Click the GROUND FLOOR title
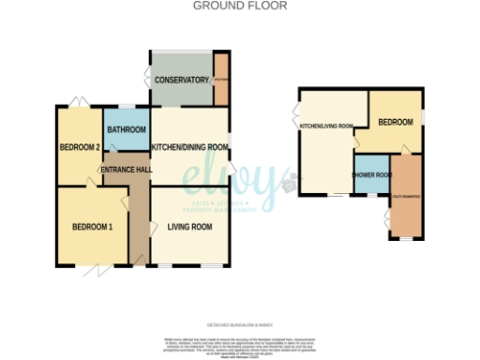[240, 6]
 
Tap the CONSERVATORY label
[181, 81]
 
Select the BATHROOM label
[127, 129]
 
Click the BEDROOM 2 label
[80, 147]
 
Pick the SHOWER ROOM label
[369, 175]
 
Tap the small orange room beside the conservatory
[221, 81]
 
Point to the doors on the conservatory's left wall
[147, 81]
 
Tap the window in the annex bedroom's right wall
[422, 116]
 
